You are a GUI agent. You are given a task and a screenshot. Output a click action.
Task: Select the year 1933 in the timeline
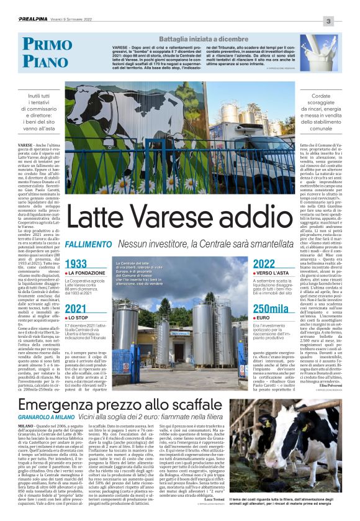click(76, 264)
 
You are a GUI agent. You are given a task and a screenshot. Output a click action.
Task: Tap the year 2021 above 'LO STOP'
click(76, 309)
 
